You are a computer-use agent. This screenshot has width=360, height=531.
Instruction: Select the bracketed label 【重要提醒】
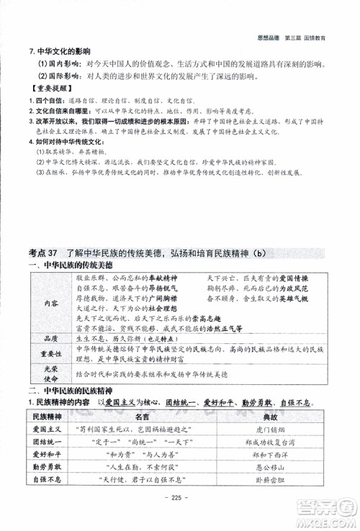[44, 92]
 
